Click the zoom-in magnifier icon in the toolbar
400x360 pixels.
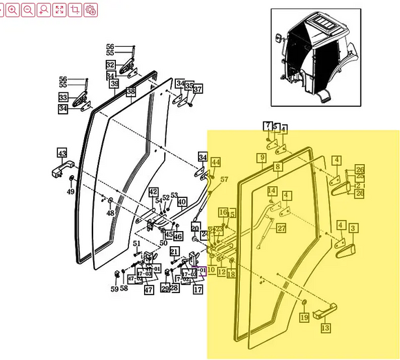click(12, 10)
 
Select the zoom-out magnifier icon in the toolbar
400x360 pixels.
click(28, 10)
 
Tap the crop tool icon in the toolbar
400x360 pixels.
click(75, 10)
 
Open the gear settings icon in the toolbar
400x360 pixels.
click(90, 10)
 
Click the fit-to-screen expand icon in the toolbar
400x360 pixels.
click(59, 10)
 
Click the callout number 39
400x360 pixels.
click(114, 83)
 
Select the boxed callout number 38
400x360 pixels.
click(131, 91)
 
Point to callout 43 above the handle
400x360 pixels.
click(62, 153)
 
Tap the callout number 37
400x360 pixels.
click(198, 90)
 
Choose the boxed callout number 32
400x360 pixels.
click(110, 65)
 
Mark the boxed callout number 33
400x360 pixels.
click(63, 98)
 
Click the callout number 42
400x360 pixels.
click(153, 192)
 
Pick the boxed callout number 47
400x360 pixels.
click(148, 290)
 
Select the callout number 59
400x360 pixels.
click(114, 288)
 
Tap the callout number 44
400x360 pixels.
click(216, 162)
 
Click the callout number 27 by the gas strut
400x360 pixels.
click(281, 228)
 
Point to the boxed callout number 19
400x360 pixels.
click(303, 317)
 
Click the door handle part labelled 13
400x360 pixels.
click(322, 314)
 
